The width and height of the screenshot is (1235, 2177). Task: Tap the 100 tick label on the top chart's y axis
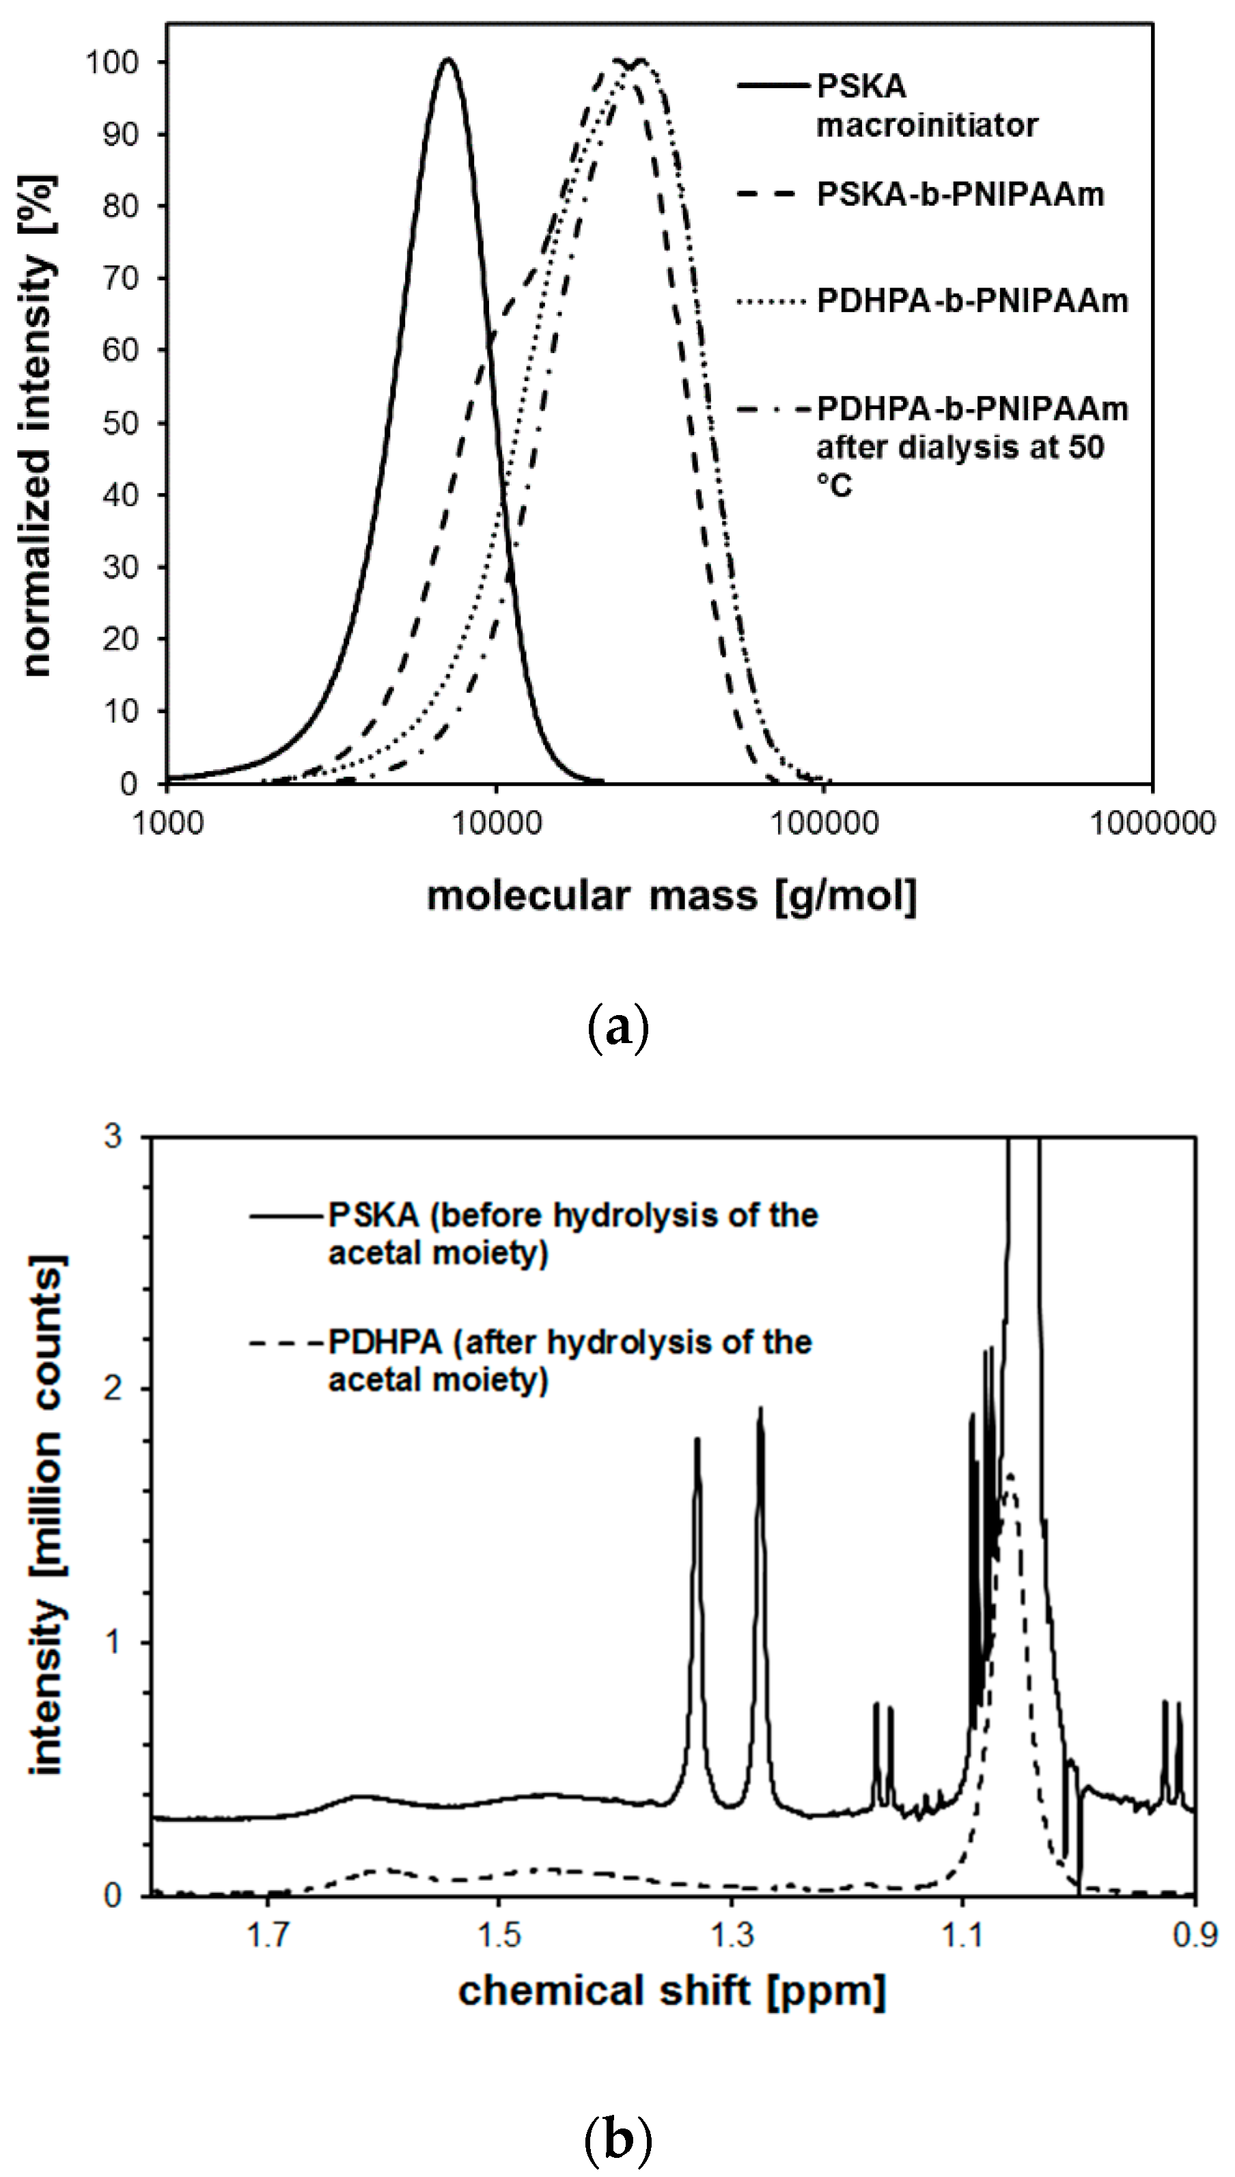coord(112,63)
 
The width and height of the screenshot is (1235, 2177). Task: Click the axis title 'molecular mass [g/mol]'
coord(671,896)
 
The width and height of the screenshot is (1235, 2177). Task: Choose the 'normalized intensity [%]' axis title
coord(38,424)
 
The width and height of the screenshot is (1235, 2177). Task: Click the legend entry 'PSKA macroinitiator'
coord(926,106)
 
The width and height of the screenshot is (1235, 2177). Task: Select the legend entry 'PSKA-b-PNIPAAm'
coord(960,194)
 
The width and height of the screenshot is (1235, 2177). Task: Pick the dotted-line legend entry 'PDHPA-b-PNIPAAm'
coord(972,301)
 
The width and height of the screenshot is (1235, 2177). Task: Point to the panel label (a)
coord(617,1029)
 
